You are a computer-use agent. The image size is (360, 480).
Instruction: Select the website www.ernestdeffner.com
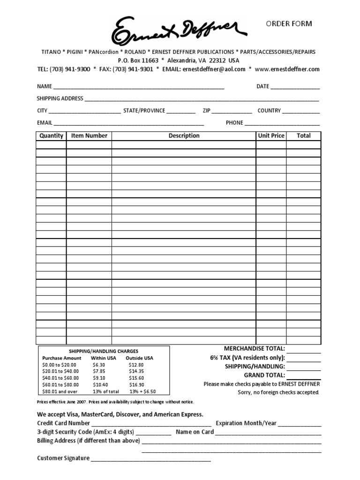tap(287, 69)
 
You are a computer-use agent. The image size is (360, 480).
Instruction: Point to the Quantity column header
tap(51, 135)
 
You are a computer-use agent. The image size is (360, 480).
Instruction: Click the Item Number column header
tap(89, 135)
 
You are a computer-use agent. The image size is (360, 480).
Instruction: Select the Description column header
tap(184, 135)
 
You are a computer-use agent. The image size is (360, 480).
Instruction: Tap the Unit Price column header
tap(271, 135)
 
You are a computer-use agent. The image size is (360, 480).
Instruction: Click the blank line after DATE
tap(295, 87)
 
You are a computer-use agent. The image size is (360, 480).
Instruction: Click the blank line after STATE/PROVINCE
tap(181, 112)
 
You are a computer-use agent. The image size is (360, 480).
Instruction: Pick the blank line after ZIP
tap(232, 112)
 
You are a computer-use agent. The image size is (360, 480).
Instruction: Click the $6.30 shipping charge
tap(99, 364)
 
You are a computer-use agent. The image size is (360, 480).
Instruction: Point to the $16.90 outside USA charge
tap(136, 384)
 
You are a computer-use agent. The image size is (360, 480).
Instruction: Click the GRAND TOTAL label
tap(264, 375)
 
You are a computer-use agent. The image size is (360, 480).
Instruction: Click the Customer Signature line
tap(150, 459)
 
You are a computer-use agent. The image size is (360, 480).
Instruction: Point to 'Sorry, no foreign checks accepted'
tap(278, 392)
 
